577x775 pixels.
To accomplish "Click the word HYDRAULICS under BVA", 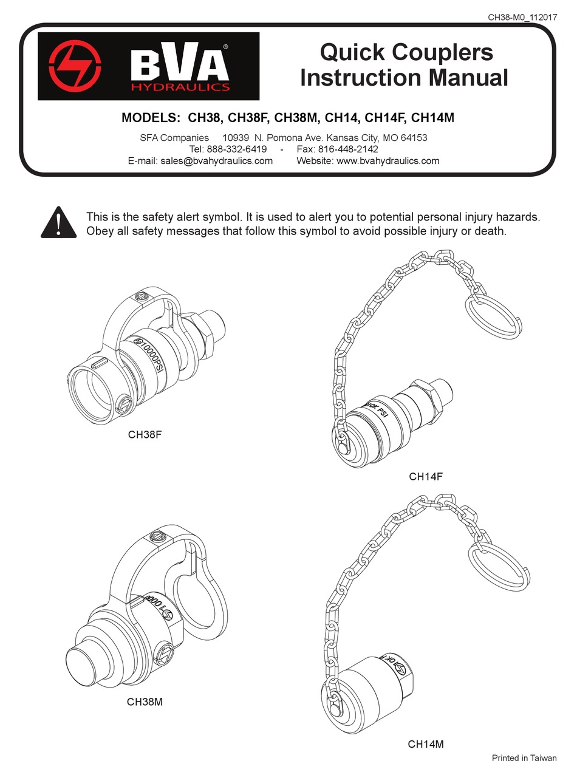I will (x=181, y=87).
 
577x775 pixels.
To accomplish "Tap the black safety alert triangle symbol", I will (x=58, y=222).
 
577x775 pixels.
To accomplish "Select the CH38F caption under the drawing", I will (x=145, y=435).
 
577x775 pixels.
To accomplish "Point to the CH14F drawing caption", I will (x=426, y=477).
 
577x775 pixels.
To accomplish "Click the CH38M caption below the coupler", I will (x=145, y=702).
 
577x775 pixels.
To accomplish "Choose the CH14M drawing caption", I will (x=426, y=743).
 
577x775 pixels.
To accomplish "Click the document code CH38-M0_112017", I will (x=522, y=17).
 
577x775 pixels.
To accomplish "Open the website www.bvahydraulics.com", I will (x=388, y=161).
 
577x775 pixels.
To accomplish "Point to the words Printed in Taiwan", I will (x=524, y=758).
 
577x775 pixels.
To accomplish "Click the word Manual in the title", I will (x=466, y=78).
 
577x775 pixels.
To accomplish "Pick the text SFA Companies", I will (x=174, y=138).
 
